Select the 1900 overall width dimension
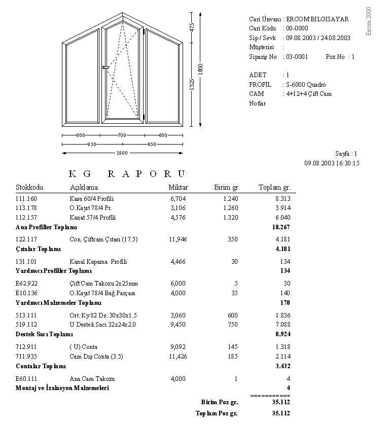(122, 153)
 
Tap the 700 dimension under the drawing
(122, 135)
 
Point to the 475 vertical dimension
(192, 27)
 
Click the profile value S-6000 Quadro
(306, 85)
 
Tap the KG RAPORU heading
(127, 173)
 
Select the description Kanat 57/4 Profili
(93, 218)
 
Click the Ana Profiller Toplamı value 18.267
(281, 227)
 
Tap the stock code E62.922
(27, 284)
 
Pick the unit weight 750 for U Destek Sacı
(232, 325)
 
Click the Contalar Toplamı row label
(41, 366)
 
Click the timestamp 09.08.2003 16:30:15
(332, 163)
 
